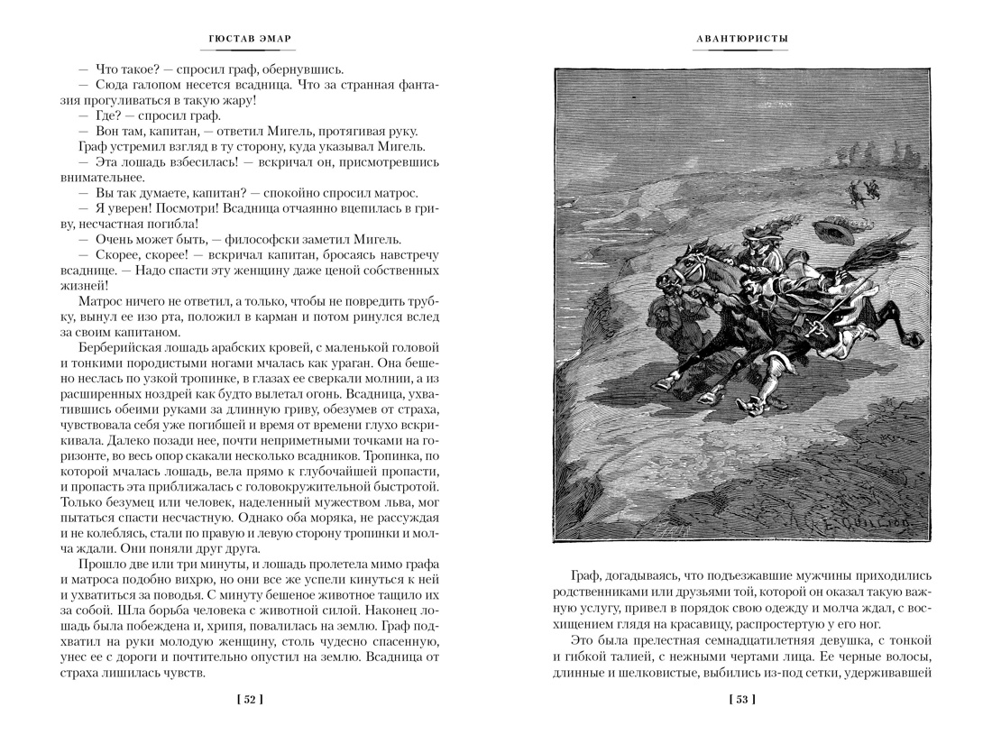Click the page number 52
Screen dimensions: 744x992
[x=248, y=699]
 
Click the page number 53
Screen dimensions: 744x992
[x=741, y=699]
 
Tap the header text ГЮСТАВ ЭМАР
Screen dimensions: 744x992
[x=248, y=39]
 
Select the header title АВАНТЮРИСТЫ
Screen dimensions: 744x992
[x=741, y=39]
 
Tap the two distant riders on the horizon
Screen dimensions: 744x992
[x=862, y=188]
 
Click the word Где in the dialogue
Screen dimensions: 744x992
[x=106, y=115]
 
